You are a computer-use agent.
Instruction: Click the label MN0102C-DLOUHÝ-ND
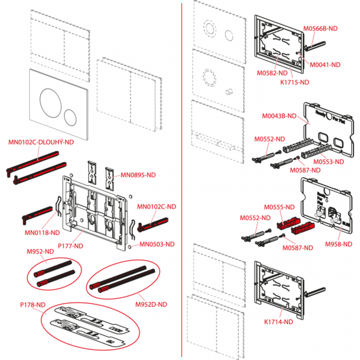[41, 142]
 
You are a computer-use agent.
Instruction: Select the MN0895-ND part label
[138, 175]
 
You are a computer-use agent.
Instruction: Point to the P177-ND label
[70, 246]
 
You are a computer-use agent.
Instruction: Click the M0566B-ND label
[320, 30]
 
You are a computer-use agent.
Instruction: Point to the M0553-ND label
[328, 161]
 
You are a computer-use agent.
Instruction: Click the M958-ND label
[339, 244]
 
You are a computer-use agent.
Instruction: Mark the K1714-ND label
[278, 321]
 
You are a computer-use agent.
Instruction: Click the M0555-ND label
[278, 207]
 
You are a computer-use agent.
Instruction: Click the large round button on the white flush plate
[51, 100]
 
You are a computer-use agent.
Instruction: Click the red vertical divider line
[182, 180]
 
